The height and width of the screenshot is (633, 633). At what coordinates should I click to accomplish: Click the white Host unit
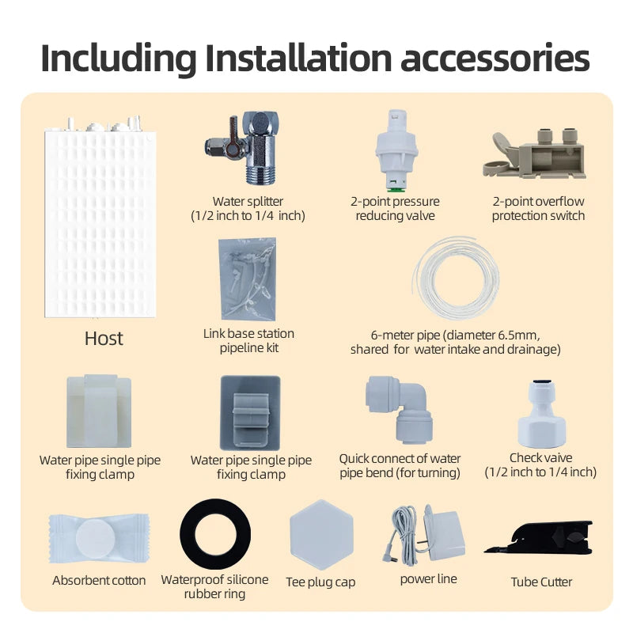(x=100, y=218)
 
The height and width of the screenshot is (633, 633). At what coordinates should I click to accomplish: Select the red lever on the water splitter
(x=233, y=136)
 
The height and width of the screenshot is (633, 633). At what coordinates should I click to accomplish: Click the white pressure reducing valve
(x=396, y=150)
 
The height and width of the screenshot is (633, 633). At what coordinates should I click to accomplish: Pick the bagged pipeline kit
(x=248, y=279)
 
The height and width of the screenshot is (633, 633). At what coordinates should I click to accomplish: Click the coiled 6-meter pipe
(x=457, y=279)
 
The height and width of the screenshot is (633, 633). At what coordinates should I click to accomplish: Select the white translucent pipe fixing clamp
(x=99, y=411)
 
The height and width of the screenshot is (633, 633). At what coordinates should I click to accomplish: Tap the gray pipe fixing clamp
(x=250, y=413)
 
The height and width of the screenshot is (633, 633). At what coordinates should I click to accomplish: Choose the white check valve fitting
(x=541, y=414)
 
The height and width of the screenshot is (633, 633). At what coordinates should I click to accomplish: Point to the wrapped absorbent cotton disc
(x=99, y=539)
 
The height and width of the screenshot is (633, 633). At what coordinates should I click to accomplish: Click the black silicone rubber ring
(x=215, y=534)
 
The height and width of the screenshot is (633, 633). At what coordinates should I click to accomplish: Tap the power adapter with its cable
(x=423, y=533)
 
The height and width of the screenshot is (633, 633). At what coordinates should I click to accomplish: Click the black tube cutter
(x=539, y=538)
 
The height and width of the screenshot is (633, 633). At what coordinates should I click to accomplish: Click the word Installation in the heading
(x=299, y=58)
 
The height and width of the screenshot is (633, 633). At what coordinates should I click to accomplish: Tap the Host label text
(x=104, y=339)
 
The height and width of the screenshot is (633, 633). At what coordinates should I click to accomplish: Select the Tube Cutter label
(x=541, y=582)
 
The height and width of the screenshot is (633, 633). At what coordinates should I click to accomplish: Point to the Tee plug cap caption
(x=320, y=582)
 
